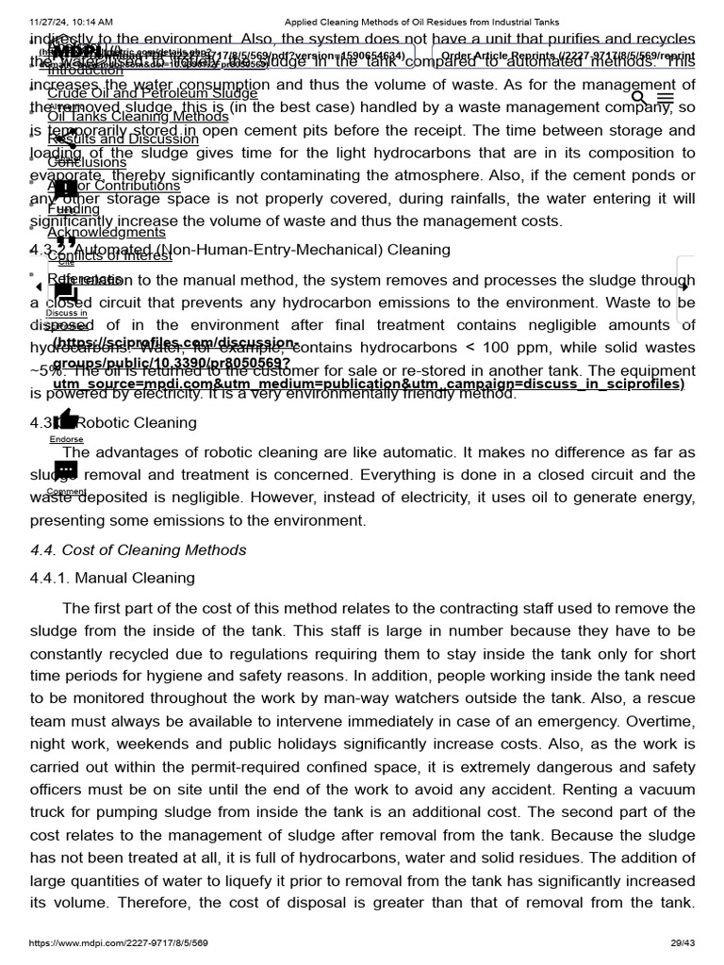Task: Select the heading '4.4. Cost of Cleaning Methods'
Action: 138,550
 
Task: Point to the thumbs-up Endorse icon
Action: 66,419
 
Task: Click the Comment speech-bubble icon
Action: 66,470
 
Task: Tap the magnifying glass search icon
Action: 639,97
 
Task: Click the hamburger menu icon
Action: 666,98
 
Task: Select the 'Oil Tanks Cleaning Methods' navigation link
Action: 138,117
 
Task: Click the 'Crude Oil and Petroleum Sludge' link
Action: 152,93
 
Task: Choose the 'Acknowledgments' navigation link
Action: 106,233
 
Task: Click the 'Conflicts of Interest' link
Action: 109,255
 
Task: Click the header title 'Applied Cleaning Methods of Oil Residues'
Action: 421,22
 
